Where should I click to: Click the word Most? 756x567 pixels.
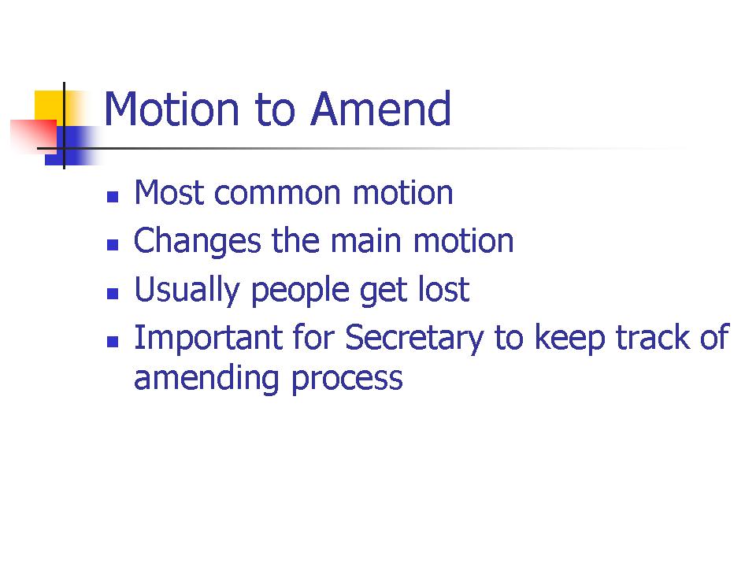[x=169, y=192]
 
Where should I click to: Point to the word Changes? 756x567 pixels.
[x=197, y=242]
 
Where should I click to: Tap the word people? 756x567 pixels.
[x=300, y=291]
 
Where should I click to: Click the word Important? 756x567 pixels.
[x=208, y=339]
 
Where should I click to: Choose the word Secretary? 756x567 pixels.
[x=414, y=339]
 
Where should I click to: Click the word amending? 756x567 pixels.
[x=206, y=379]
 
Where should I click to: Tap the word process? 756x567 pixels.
[x=347, y=380]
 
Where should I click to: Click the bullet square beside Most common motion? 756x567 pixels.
[x=113, y=197]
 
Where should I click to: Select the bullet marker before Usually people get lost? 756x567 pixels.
[x=113, y=294]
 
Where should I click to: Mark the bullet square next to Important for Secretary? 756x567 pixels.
[x=113, y=342]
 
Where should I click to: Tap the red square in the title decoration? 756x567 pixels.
[x=33, y=137]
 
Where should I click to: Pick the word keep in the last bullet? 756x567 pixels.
[x=570, y=339]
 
